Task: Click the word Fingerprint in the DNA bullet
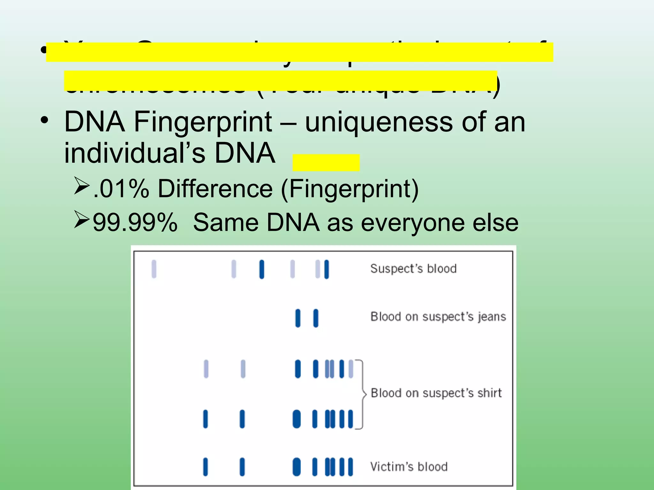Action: click(203, 122)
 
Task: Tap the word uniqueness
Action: click(379, 122)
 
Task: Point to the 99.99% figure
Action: click(135, 223)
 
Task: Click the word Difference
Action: click(215, 189)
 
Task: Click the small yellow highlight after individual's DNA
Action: click(326, 163)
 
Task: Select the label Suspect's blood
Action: click(413, 269)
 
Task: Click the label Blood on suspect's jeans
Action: click(438, 317)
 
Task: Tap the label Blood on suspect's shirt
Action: click(436, 393)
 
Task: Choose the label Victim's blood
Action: click(409, 467)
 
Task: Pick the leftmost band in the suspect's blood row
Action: click(154, 269)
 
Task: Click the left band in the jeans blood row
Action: click(298, 318)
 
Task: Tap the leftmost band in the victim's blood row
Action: click(205, 467)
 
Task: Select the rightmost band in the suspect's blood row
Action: click(326, 269)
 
